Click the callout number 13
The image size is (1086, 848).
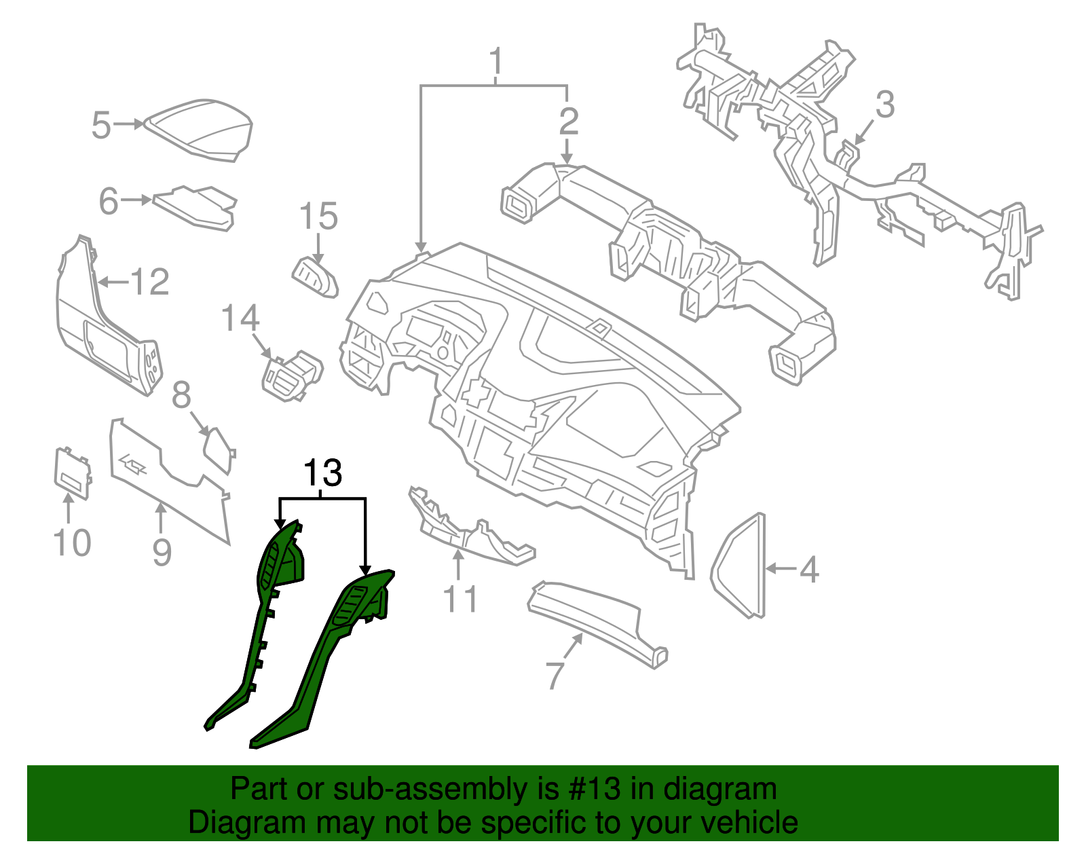pos(322,473)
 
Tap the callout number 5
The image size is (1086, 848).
pos(101,126)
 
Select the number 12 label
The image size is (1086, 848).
pos(149,282)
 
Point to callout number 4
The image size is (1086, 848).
pos(808,569)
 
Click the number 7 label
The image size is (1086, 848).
pos(555,674)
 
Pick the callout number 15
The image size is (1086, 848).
pos(318,217)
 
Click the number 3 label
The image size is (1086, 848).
pos(884,105)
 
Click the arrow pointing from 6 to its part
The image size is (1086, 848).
pos(138,200)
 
